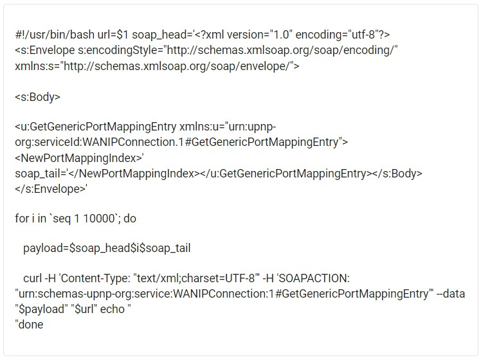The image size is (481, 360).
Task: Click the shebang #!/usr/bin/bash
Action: pyautogui.click(x=55, y=35)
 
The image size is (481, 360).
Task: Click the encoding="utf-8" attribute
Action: pyautogui.click(x=337, y=35)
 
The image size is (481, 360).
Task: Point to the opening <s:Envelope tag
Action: pyautogui.click(x=45, y=50)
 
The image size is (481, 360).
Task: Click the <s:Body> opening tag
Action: pyautogui.click(x=37, y=97)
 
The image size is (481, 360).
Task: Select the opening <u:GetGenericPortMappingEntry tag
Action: pyautogui.click(x=95, y=127)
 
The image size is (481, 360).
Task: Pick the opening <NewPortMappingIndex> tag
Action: pyautogui.click(x=78, y=158)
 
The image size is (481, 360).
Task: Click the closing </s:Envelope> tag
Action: pyautogui.click(x=50, y=189)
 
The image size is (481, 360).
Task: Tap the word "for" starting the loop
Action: pyautogui.click(x=22, y=219)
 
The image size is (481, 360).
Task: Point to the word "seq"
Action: pyautogui.click(x=62, y=219)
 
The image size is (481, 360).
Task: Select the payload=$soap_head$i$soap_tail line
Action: pyautogui.click(x=107, y=248)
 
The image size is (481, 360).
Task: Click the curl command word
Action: pyautogui.click(x=33, y=278)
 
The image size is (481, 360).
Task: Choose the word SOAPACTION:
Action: pyautogui.click(x=314, y=278)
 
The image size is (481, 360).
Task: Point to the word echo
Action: pyautogui.click(x=113, y=309)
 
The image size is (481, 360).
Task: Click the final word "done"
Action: pyautogui.click(x=31, y=325)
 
